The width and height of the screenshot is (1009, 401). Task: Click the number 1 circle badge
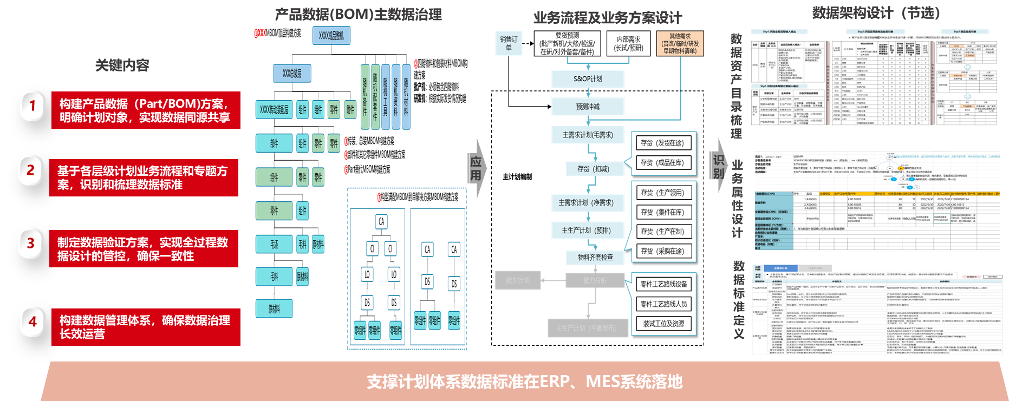(x=32, y=106)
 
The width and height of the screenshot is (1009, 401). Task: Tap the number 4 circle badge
(x=32, y=322)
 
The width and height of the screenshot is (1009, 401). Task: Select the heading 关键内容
(x=122, y=65)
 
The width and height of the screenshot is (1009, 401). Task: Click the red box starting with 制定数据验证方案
(x=144, y=249)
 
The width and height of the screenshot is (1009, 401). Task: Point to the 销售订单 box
(x=509, y=43)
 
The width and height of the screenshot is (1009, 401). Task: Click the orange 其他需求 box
(x=680, y=44)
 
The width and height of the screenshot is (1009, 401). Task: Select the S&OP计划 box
(x=588, y=79)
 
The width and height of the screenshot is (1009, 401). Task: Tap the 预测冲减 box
(x=588, y=107)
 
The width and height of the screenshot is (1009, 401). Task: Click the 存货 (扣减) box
(x=593, y=169)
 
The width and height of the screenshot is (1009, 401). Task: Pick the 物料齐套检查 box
(x=595, y=258)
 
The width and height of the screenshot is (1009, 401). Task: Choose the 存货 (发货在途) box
(x=662, y=143)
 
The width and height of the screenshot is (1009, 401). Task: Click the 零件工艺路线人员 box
(x=663, y=304)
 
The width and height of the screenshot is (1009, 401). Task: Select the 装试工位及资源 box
(x=663, y=324)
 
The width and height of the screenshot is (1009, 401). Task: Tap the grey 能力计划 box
(x=517, y=280)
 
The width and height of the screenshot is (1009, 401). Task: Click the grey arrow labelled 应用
(x=476, y=168)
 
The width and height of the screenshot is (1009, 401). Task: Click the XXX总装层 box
(x=292, y=74)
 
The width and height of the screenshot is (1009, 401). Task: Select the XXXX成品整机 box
(x=331, y=36)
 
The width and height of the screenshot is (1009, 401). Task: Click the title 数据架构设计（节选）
(x=876, y=13)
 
